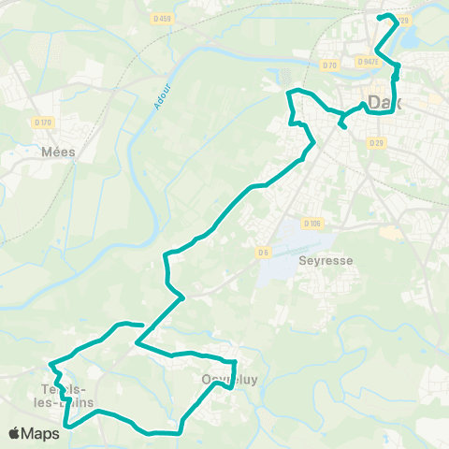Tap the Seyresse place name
(x=325, y=261)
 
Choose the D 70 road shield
(x=328, y=65)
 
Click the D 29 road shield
(x=376, y=142)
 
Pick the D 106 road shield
(x=312, y=223)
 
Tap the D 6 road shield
(x=264, y=251)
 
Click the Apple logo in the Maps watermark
(x=16, y=433)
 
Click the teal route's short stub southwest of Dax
(x=344, y=123)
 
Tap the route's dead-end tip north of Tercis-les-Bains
(x=141, y=326)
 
